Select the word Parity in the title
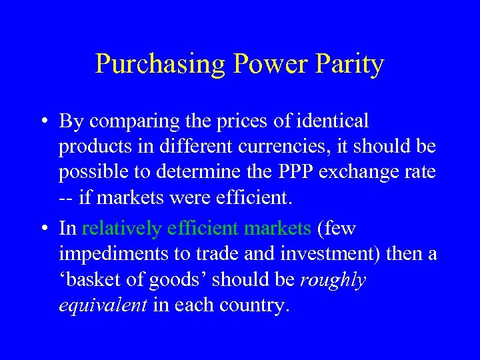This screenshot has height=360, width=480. (x=351, y=64)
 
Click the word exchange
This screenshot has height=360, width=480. (x=361, y=172)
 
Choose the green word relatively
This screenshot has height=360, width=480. (x=122, y=229)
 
